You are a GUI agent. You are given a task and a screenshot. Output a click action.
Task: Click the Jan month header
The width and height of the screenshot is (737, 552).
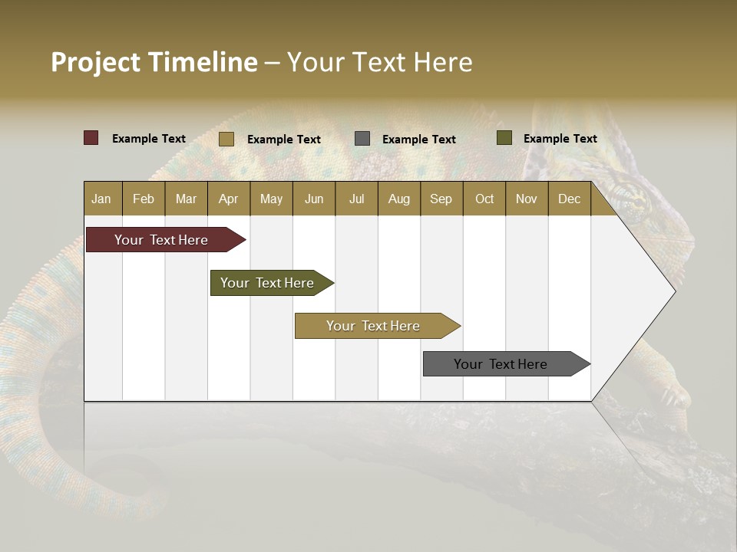coord(102,199)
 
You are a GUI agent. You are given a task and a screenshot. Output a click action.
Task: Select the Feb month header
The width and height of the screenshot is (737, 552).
coord(144,199)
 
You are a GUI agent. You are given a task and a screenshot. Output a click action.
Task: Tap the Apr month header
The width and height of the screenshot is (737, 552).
coord(229,199)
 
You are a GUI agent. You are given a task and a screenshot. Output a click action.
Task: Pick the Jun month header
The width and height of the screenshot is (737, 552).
coord(314,199)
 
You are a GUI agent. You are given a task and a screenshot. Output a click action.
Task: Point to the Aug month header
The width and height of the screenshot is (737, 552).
coord(399,199)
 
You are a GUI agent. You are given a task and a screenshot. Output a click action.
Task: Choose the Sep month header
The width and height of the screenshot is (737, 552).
coord(441,199)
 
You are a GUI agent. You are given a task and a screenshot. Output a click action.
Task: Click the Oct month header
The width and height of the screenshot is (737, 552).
coord(484,199)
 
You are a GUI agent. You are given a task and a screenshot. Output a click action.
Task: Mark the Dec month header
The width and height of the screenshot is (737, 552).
coord(570,199)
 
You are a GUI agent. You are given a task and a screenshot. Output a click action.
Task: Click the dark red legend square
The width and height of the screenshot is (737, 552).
coord(91,138)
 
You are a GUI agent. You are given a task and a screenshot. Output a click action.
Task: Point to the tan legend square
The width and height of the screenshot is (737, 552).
coord(226,139)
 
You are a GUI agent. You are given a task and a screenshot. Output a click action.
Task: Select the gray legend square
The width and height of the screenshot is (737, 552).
coord(362,139)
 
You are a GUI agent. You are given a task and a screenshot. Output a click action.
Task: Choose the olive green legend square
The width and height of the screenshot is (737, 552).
coord(504,138)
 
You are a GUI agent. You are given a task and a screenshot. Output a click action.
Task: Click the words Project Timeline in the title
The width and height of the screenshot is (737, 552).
coord(154,62)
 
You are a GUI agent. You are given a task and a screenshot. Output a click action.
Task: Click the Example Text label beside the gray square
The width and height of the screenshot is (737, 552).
coord(419,140)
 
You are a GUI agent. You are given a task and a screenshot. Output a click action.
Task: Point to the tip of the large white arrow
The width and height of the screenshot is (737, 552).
coord(674,291)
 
